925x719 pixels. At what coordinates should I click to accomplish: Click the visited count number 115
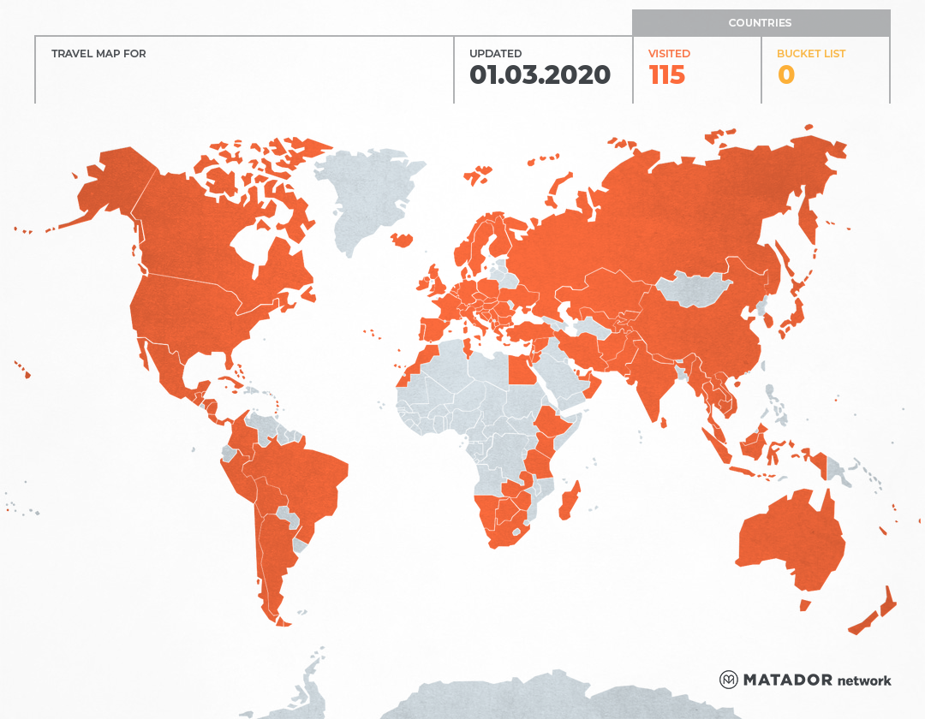pyautogui.click(x=667, y=75)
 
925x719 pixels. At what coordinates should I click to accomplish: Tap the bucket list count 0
pyautogui.click(x=785, y=75)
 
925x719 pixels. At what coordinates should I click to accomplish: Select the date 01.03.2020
pyautogui.click(x=540, y=75)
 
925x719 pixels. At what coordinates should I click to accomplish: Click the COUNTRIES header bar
pyautogui.click(x=761, y=23)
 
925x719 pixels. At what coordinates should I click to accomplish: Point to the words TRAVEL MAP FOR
pyautogui.click(x=98, y=54)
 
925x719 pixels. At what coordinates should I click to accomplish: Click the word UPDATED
pyautogui.click(x=495, y=54)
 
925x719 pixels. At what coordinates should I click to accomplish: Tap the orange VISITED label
pyautogui.click(x=669, y=54)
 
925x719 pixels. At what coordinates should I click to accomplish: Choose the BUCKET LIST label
pyautogui.click(x=810, y=54)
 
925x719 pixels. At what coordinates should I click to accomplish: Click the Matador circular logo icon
pyautogui.click(x=728, y=680)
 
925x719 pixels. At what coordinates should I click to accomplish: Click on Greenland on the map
pyautogui.click(x=368, y=197)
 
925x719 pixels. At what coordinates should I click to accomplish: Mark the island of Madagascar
pyautogui.click(x=570, y=501)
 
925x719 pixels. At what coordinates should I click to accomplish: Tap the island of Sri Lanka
pyautogui.click(x=663, y=420)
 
